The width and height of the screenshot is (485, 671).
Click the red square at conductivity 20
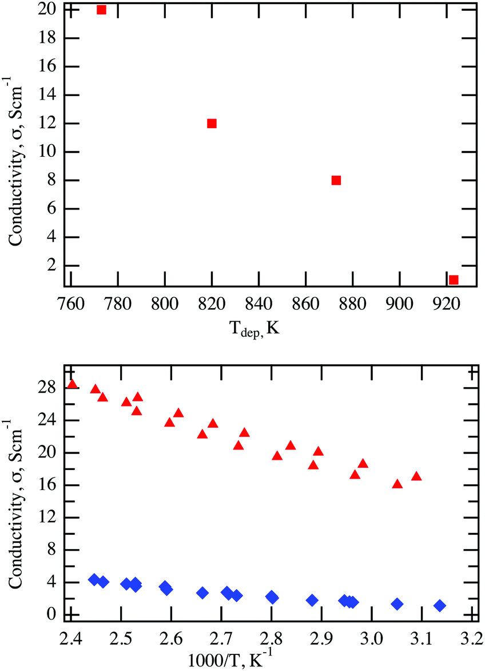point(101,10)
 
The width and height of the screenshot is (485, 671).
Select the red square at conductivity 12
point(212,123)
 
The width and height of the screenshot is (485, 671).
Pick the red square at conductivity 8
point(336,180)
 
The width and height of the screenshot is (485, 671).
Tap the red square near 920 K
point(454,280)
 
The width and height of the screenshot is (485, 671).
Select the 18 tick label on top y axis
point(47,38)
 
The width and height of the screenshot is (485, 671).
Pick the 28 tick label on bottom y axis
point(47,388)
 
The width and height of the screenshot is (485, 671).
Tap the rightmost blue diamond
point(439,606)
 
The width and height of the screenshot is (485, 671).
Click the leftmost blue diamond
point(95,579)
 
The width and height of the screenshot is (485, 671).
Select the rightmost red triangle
point(416,476)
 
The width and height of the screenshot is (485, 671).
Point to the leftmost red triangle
point(72,384)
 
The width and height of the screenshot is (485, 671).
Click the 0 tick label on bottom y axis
point(51,615)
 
